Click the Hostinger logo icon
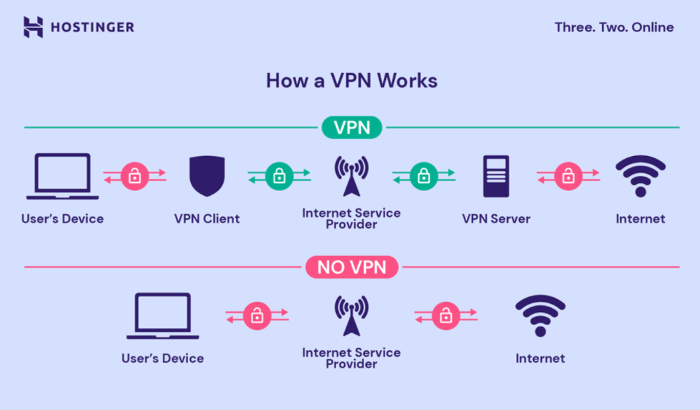33,27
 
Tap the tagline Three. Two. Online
614,27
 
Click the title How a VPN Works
351,80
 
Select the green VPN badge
352,127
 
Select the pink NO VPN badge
352,267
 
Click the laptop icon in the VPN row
62,177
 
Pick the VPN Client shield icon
207,176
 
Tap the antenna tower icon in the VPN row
351,176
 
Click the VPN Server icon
496,176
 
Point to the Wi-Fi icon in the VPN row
640,176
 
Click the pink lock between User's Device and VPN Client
135,176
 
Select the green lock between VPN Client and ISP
279,176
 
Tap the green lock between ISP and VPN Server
424,176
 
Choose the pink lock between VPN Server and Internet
568,176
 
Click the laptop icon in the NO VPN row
163,316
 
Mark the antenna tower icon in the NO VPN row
351,316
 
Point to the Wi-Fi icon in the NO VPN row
540,316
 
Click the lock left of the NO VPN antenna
257,316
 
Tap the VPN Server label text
496,219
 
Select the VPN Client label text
207,219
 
